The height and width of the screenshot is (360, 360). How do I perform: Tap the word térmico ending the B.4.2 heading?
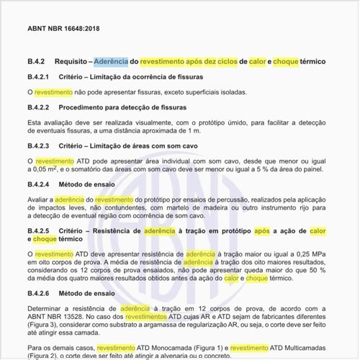(307, 63)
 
